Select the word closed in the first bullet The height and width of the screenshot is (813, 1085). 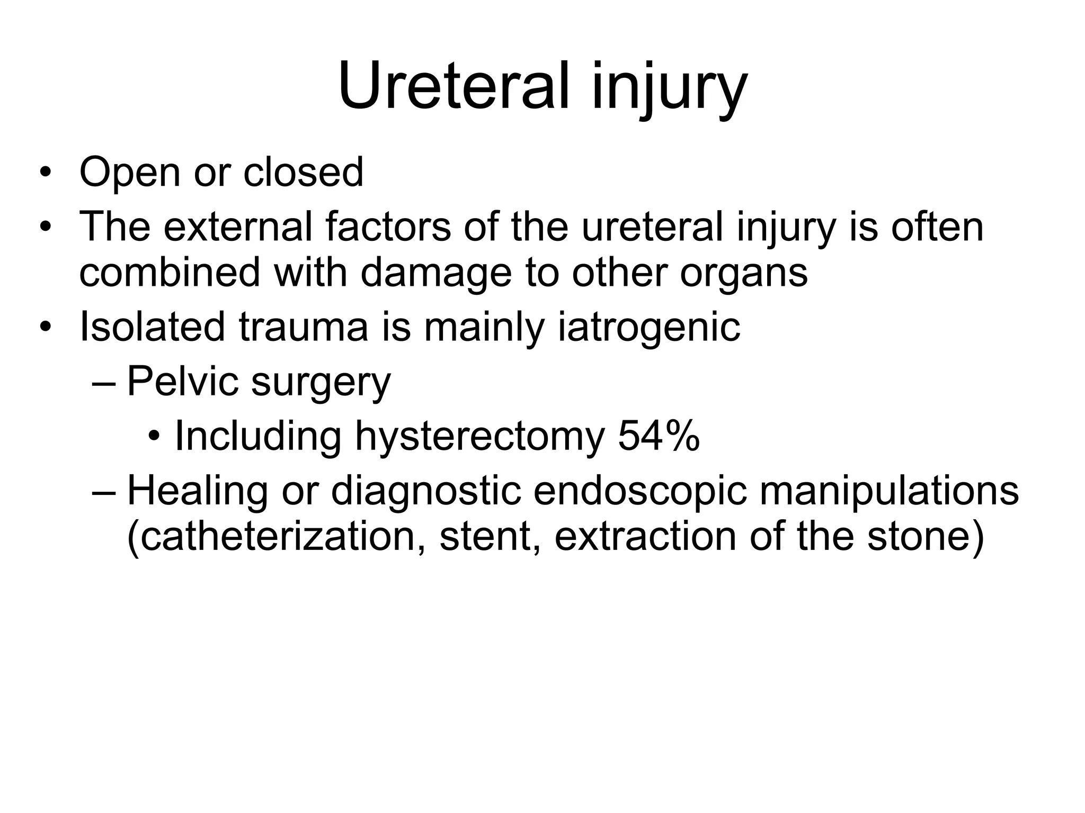tap(303, 171)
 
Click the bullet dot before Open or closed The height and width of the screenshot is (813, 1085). tap(46, 173)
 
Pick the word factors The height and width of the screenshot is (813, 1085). tap(388, 227)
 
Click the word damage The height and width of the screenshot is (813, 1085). tap(436, 273)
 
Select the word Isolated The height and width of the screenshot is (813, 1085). tap(152, 327)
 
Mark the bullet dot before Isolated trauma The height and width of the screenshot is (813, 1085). tap(46, 327)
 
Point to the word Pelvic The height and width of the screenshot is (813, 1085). tap(182, 381)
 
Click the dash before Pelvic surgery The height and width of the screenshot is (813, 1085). tap(103, 383)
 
